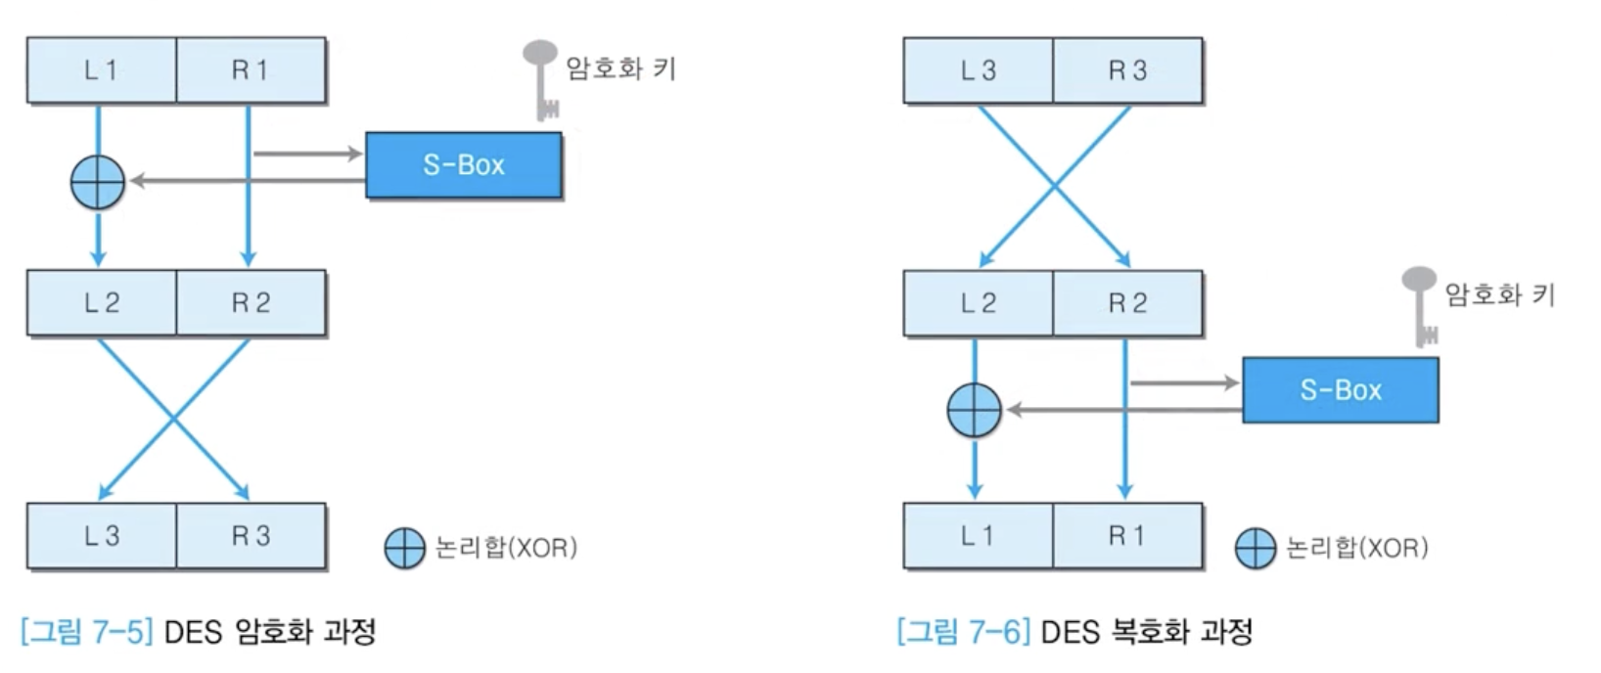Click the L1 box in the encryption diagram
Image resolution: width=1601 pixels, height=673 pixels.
coord(101,70)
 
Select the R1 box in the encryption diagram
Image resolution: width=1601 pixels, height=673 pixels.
coord(251,70)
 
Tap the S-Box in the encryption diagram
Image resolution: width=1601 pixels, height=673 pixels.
coord(464,165)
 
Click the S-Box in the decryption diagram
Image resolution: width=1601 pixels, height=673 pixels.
coord(1341,390)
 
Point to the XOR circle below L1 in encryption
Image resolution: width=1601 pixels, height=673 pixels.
coord(98,182)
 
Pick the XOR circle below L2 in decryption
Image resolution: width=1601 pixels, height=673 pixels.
coord(975,409)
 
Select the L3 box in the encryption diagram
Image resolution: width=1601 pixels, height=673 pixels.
coord(101,536)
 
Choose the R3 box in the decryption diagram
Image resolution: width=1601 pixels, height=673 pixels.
coord(1127,70)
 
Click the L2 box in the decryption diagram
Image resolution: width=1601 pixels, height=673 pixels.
coord(978,303)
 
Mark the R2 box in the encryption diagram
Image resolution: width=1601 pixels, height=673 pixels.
coord(251,303)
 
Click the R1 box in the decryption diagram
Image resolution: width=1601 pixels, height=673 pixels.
coord(1127,536)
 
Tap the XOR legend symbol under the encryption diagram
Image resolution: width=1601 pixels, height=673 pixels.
coord(404,549)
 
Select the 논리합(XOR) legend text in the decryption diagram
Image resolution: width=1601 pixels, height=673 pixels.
coord(1356,548)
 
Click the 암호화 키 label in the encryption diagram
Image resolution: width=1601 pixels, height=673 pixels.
coord(620,68)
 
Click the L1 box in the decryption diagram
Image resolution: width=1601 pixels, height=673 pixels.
coord(978,536)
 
